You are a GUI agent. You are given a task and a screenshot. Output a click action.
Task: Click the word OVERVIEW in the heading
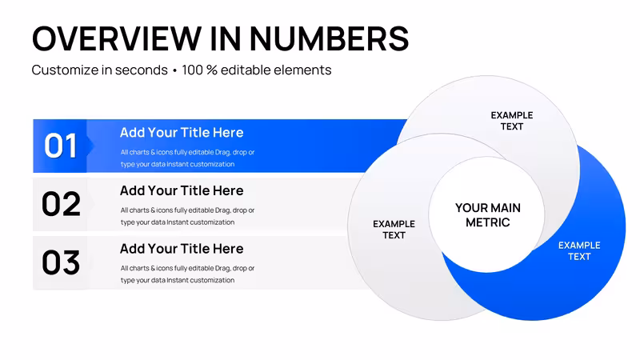click(x=117, y=38)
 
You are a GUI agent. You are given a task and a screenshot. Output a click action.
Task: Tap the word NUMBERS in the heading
click(x=329, y=38)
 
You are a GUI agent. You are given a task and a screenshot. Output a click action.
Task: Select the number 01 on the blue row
click(x=61, y=146)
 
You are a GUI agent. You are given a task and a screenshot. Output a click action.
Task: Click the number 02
click(x=61, y=204)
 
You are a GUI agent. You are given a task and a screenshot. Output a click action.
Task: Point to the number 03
click(x=61, y=262)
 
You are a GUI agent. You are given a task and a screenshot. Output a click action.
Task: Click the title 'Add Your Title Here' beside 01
click(x=182, y=132)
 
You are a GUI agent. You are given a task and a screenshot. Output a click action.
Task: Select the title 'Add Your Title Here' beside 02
click(x=182, y=190)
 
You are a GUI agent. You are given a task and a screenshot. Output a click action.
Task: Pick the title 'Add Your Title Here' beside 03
click(x=182, y=249)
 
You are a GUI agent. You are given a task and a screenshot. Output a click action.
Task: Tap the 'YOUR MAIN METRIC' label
click(x=488, y=215)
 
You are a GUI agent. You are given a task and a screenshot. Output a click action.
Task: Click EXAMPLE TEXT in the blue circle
click(x=579, y=251)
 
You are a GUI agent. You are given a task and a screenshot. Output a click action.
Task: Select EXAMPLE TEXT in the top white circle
click(x=512, y=121)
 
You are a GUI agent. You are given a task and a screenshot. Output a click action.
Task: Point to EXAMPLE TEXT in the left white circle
click(x=394, y=230)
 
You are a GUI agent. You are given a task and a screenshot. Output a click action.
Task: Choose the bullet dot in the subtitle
click(x=174, y=71)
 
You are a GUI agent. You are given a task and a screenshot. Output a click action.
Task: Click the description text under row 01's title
click(x=187, y=158)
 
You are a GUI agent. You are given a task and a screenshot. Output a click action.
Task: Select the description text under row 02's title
click(x=187, y=216)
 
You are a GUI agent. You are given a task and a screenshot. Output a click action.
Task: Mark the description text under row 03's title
click(x=187, y=274)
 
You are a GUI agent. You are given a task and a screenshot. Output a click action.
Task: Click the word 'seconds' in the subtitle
click(x=142, y=70)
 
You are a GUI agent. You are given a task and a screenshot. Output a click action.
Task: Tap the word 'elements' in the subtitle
click(x=302, y=70)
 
